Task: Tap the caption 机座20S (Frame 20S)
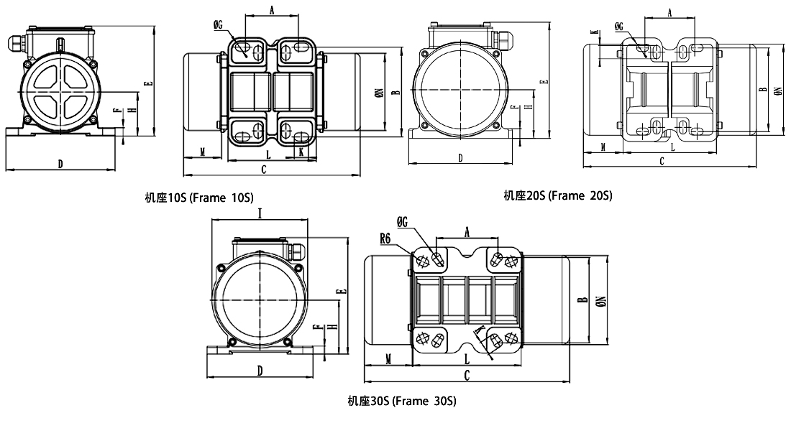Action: pyautogui.click(x=558, y=195)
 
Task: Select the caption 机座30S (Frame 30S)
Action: pyautogui.click(x=402, y=401)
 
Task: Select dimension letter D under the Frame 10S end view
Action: pyautogui.click(x=60, y=164)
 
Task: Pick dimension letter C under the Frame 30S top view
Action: pyautogui.click(x=467, y=375)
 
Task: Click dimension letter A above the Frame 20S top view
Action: pyautogui.click(x=669, y=12)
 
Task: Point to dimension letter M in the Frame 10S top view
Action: pyautogui.click(x=204, y=152)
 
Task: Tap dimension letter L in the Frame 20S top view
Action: pyautogui.click(x=672, y=147)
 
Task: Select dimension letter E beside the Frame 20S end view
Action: pyautogui.click(x=544, y=81)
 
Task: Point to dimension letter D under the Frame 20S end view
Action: pyautogui.click(x=460, y=157)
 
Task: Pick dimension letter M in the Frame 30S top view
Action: pyautogui.click(x=388, y=357)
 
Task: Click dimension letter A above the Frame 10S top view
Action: pyautogui.click(x=271, y=10)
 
